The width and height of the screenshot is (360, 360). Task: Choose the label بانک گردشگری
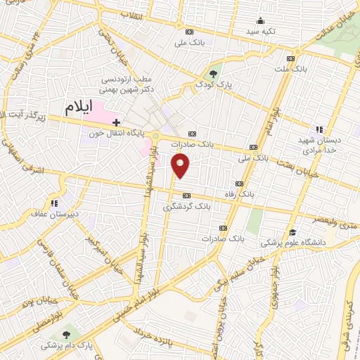point(187,206)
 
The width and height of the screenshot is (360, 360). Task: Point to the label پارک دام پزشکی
point(67,345)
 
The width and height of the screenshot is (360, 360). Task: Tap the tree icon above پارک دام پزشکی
point(67,334)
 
